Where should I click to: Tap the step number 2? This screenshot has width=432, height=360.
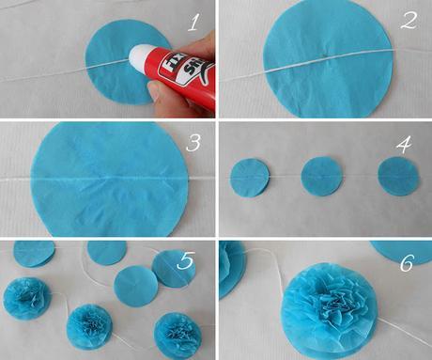(407, 21)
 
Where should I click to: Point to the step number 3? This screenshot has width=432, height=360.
(193, 144)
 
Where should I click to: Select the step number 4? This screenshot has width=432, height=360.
(405, 145)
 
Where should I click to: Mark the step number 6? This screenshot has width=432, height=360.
(406, 262)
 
